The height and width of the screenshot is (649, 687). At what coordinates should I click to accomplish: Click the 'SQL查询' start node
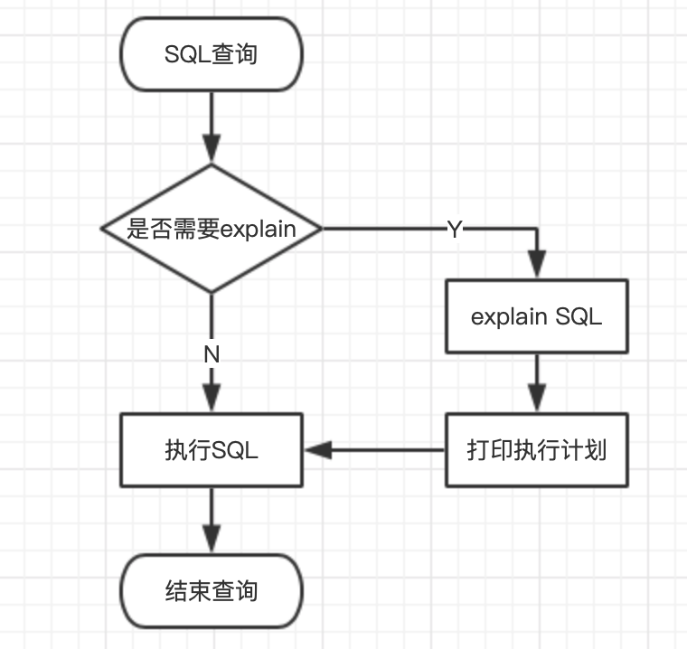(212, 54)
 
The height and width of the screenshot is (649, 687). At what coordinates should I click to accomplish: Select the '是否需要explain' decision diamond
(212, 229)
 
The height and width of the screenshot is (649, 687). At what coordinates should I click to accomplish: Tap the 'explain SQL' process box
(536, 316)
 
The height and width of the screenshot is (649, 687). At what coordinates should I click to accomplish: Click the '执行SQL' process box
(212, 450)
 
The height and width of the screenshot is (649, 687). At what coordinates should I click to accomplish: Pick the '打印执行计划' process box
(536, 450)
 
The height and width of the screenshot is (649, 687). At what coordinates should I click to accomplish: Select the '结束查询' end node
(212, 591)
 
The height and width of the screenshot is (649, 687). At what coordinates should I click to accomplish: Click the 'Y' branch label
(455, 230)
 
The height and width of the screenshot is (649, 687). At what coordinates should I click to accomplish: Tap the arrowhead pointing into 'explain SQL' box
(537, 265)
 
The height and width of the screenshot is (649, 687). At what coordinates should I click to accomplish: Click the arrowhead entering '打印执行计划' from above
(537, 399)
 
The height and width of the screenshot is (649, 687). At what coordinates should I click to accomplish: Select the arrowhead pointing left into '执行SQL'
(318, 450)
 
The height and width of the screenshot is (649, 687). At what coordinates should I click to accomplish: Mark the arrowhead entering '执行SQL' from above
(212, 399)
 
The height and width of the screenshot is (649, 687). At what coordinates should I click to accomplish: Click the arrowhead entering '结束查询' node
(212, 540)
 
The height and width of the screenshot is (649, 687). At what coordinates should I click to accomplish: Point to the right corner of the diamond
(322, 229)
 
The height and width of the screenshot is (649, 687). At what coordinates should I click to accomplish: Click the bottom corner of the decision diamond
(212, 292)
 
